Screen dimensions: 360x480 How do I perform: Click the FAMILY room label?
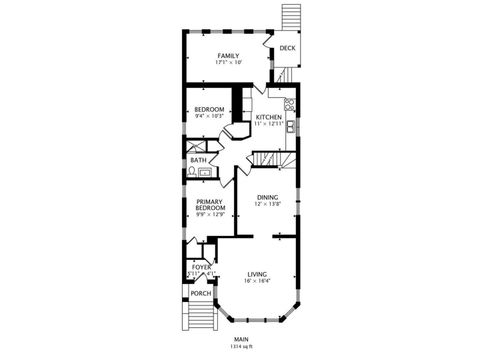tap(229, 55)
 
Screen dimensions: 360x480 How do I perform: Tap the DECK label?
tap(287, 48)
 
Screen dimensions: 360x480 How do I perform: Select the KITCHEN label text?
tap(268, 117)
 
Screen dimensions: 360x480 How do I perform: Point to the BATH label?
tap(198, 159)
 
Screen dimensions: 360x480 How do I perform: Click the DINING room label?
tap(266, 197)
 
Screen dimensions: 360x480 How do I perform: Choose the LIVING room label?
tap(257, 273)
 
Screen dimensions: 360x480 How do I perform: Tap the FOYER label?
tap(201, 267)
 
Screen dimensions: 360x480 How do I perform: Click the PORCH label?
tap(201, 293)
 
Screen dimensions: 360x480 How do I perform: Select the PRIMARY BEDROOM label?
tap(209, 204)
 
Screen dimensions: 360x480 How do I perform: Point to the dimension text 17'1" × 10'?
tap(229, 62)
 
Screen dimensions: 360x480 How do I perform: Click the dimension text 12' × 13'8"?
tap(266, 204)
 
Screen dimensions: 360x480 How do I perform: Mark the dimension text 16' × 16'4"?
tap(257, 280)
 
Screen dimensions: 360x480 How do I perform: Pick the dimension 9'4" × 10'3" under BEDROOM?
tap(209, 116)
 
